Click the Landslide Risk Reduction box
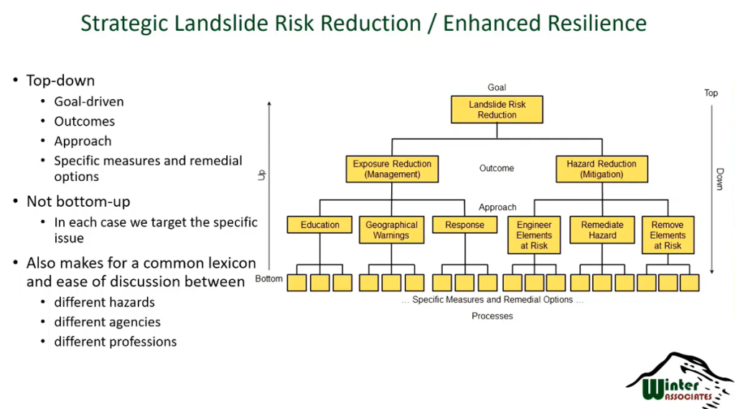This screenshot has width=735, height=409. point(497,110)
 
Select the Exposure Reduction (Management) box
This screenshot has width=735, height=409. point(392,169)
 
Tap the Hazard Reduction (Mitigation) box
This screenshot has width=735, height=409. point(601,169)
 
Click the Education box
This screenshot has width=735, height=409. point(320,225)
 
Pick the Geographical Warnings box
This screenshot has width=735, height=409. point(391,230)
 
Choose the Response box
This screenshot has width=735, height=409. point(464,225)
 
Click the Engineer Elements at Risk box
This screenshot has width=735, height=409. point(534,235)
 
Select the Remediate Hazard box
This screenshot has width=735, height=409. point(602,230)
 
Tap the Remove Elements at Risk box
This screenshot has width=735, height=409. point(669,235)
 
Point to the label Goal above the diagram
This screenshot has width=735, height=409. point(497,88)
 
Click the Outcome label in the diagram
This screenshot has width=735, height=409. point(497,168)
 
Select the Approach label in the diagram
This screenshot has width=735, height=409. point(497,207)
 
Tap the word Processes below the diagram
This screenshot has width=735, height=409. point(492,316)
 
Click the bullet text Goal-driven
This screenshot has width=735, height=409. point(89,101)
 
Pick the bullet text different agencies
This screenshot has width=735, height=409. point(107,321)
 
